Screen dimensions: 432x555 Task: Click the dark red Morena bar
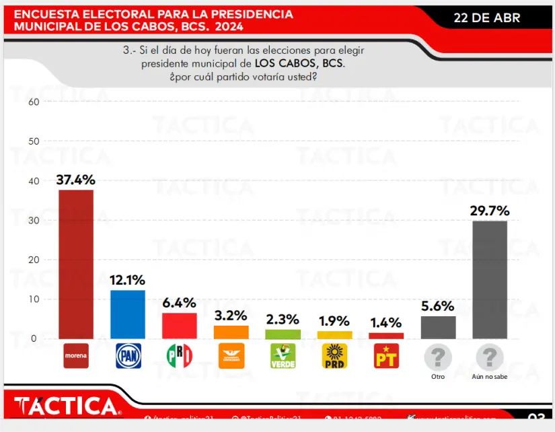(x=76, y=264)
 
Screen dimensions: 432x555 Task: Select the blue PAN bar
(x=128, y=314)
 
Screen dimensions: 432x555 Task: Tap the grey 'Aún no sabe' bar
(x=490, y=279)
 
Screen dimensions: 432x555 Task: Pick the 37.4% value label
(x=76, y=180)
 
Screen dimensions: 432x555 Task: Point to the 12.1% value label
(x=128, y=280)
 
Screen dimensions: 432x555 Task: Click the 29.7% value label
(x=490, y=211)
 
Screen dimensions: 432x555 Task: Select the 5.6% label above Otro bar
(x=438, y=306)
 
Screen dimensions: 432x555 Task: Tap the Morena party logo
(x=76, y=356)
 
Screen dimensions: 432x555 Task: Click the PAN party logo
(x=128, y=356)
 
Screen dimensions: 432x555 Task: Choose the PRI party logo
(x=180, y=356)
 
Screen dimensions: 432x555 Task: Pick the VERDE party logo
(x=283, y=356)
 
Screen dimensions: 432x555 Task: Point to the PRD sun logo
(x=334, y=356)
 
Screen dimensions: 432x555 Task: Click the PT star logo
(x=386, y=356)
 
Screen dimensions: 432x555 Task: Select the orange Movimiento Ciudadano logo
(x=231, y=356)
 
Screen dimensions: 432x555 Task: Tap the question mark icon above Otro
(x=438, y=356)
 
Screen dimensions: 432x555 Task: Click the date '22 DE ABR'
(x=487, y=18)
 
